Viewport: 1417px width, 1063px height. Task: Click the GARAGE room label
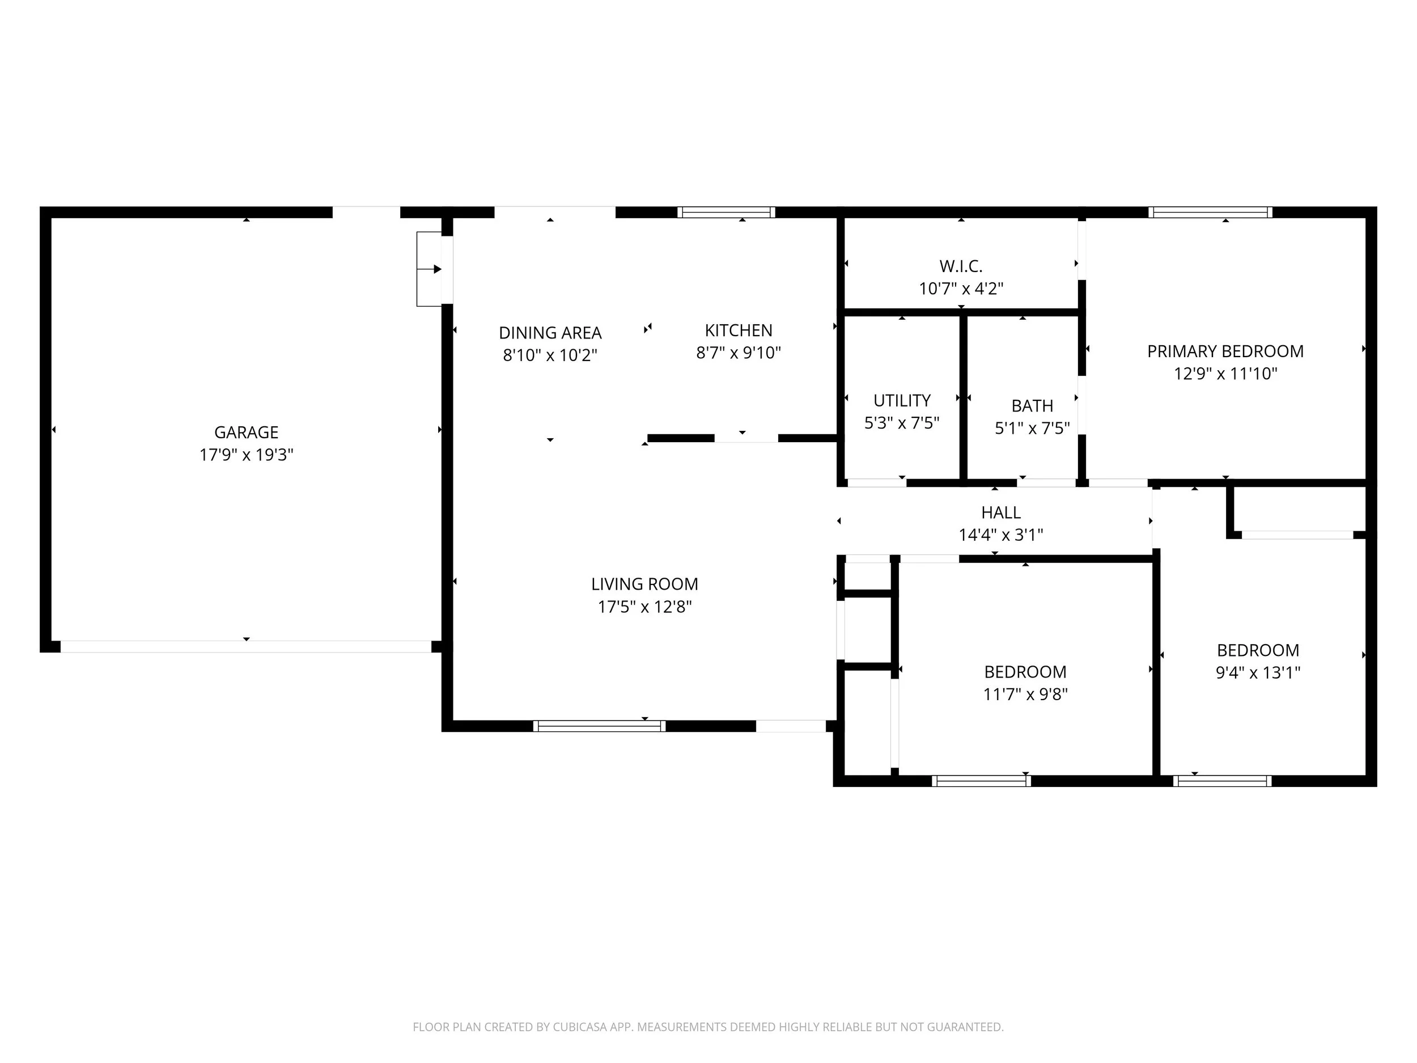[246, 433]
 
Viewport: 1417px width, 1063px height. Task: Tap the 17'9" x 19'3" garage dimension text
[246, 455]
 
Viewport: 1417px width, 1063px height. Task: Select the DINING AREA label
[550, 333]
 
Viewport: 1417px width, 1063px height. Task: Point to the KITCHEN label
[738, 331]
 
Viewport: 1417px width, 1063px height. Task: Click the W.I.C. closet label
[960, 266]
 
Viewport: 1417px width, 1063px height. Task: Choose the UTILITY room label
[901, 400]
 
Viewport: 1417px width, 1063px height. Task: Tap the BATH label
[1032, 405]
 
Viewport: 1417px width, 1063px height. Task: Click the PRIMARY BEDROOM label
[1225, 351]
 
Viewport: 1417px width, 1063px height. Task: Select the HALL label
[1000, 513]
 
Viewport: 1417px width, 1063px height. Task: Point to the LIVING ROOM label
[644, 585]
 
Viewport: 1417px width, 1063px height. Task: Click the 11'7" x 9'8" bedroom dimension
[1025, 694]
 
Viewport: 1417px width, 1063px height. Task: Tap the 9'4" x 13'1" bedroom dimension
[1258, 672]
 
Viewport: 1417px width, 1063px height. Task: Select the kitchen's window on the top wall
[727, 212]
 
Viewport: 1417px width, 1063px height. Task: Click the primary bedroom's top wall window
[1210, 212]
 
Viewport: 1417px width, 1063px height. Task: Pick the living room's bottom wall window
[599, 726]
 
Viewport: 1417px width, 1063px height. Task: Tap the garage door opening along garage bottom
[246, 646]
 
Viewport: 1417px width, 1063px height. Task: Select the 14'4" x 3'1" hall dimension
[1000, 535]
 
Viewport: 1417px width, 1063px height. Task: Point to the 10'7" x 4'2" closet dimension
[960, 289]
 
